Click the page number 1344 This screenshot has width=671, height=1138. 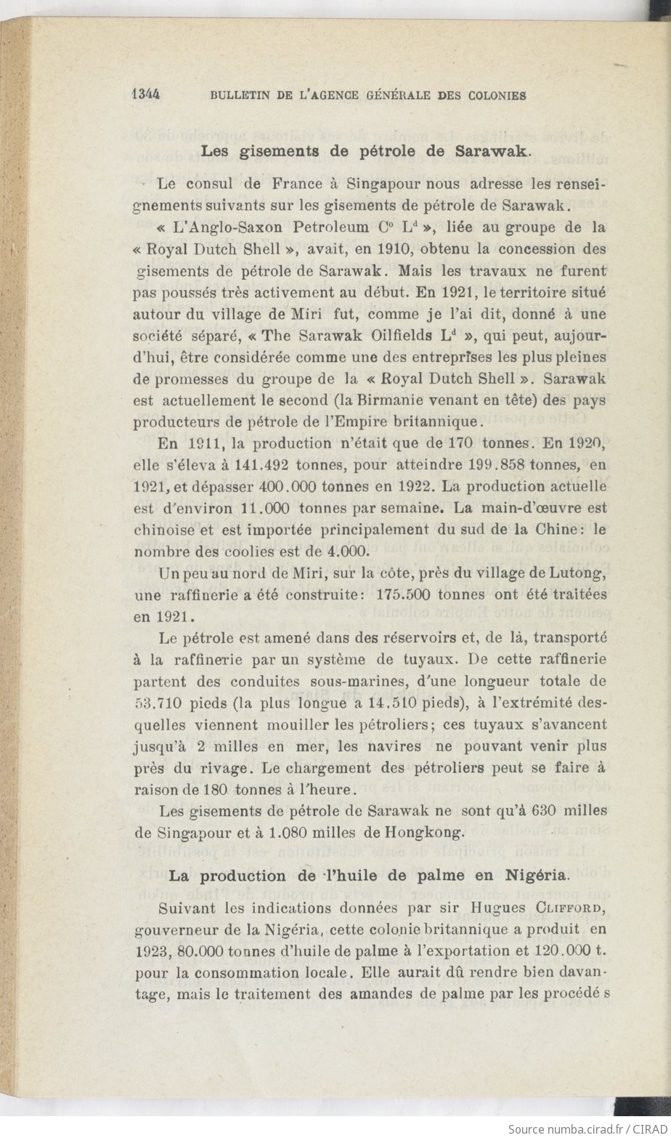click(146, 95)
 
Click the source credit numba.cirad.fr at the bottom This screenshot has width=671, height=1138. click(572, 1129)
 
